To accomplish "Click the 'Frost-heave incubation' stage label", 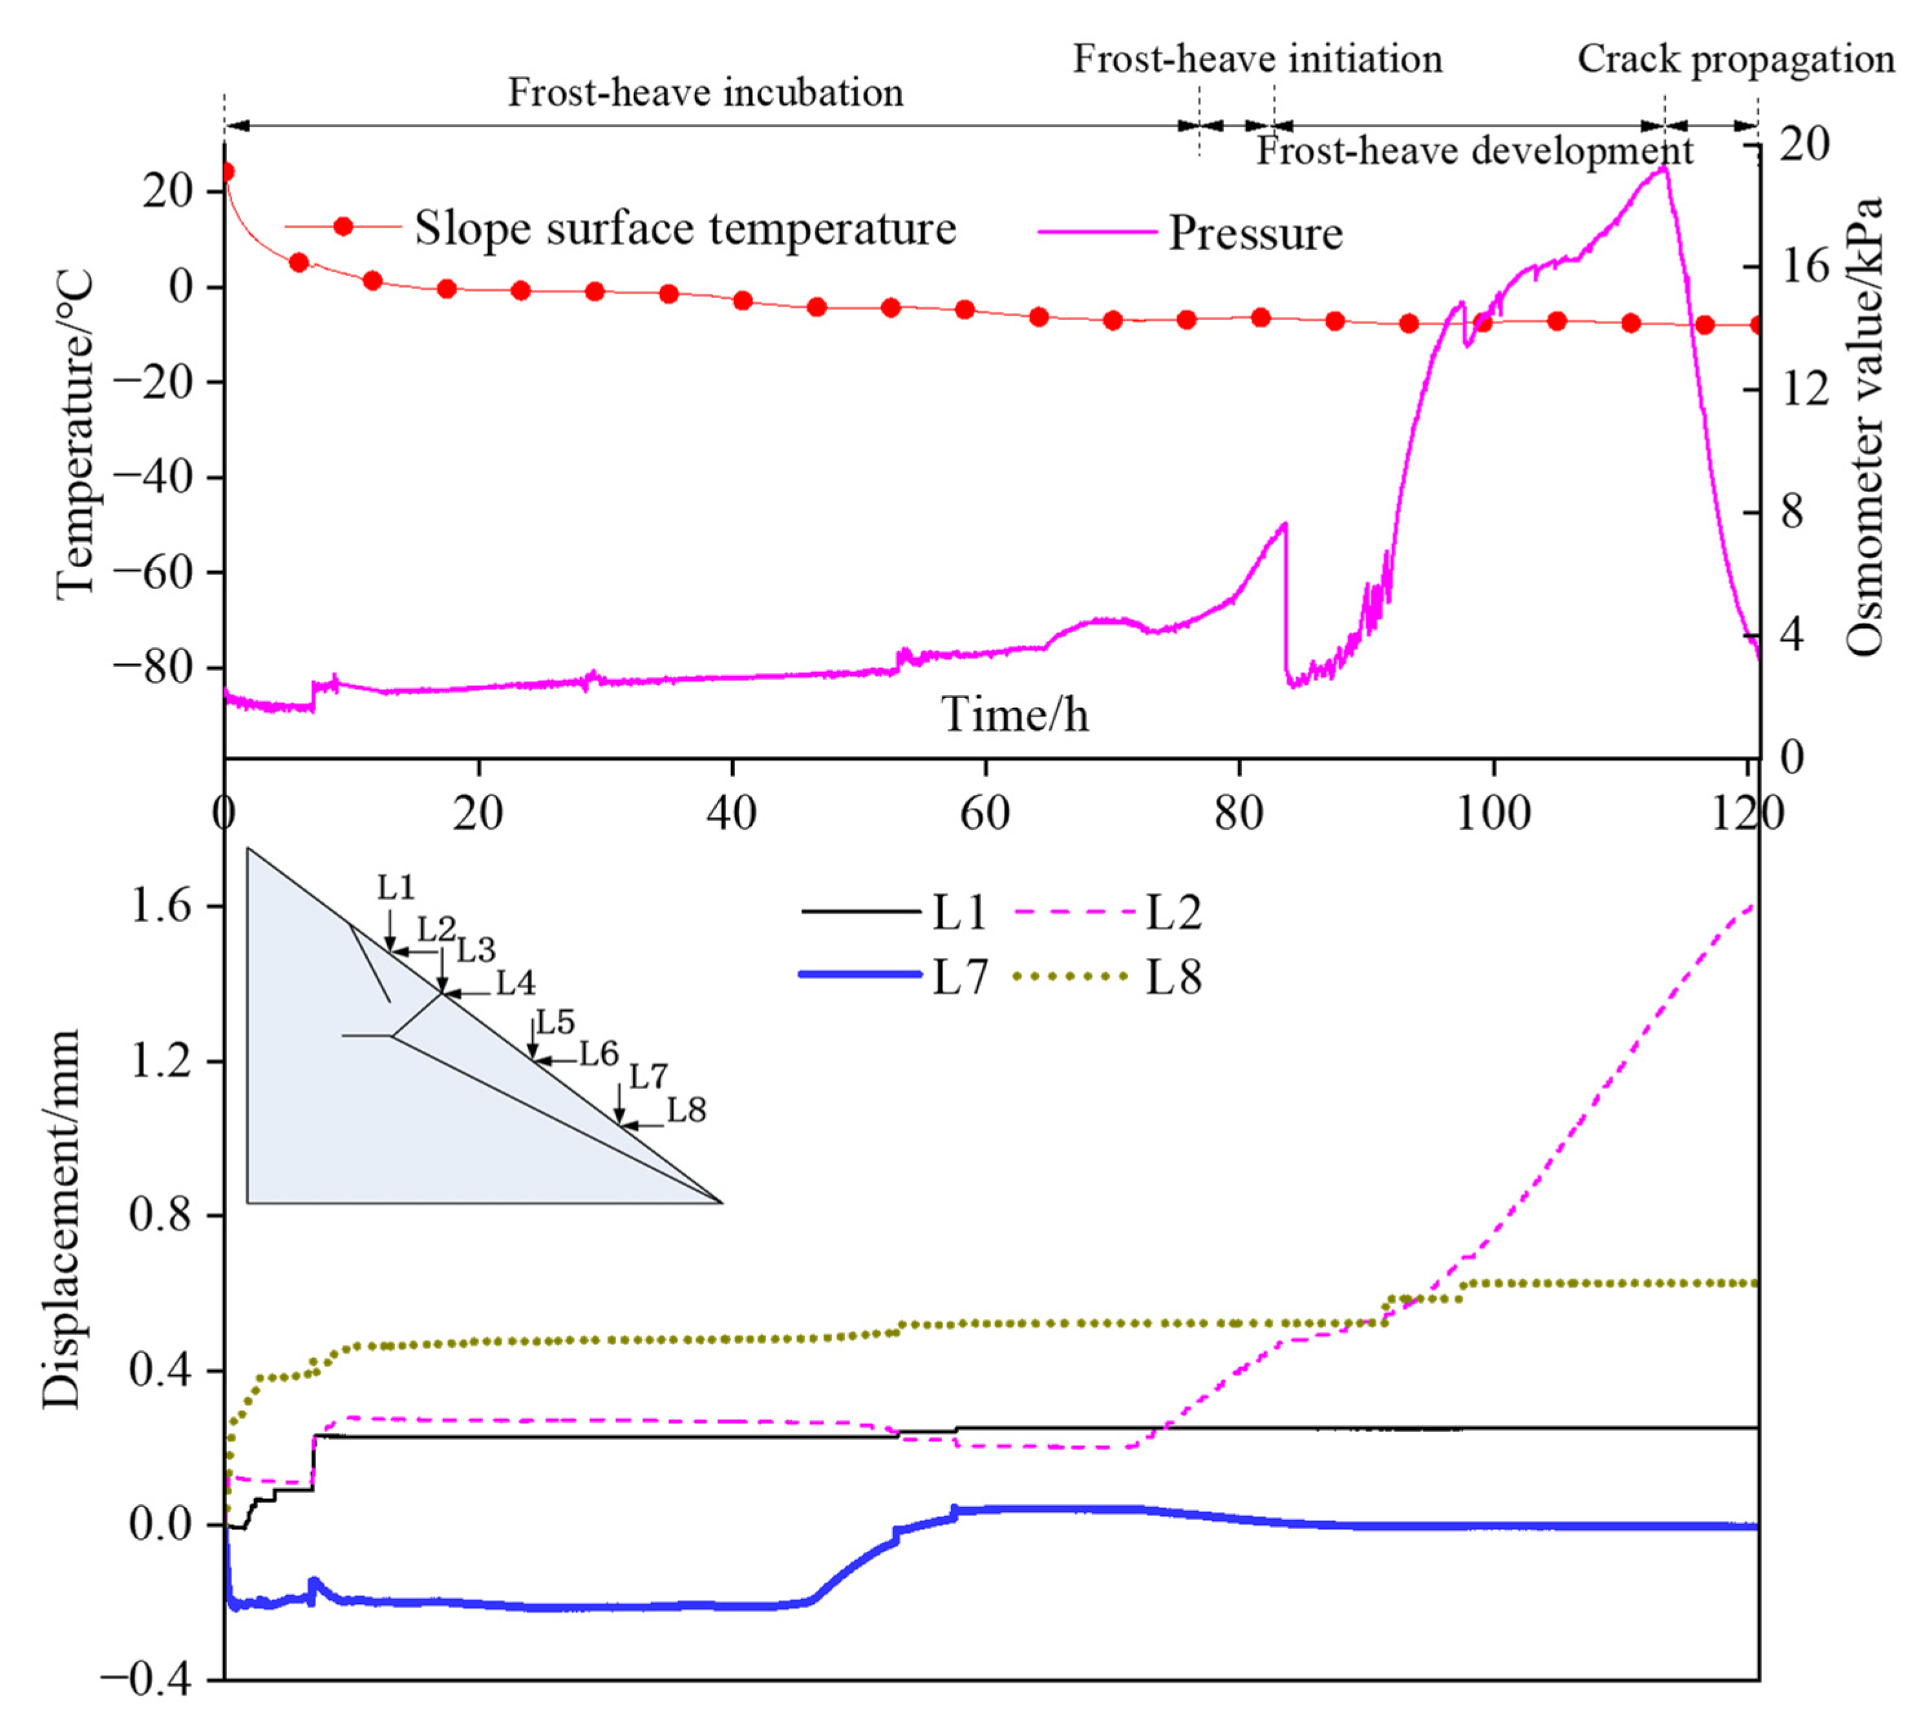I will coord(705,93).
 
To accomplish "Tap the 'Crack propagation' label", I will coord(1735,59).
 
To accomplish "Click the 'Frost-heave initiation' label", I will coord(1257,59).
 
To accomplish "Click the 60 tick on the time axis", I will coord(985,814).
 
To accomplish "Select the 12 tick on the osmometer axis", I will coord(1804,389).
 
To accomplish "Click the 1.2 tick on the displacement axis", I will coord(158,1061).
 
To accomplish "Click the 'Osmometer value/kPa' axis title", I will coord(1864,427).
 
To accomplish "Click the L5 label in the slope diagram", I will coord(556,1022).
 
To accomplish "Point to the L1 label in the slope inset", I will coord(395,888).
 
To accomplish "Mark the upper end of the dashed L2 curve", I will coord(1754,904).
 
